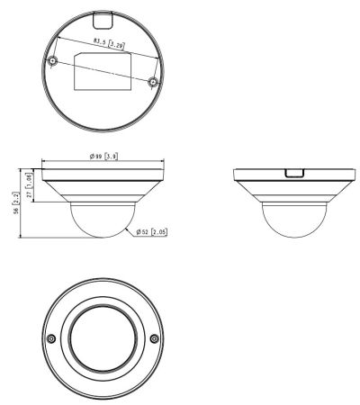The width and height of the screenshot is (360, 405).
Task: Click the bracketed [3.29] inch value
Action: [x=113, y=43]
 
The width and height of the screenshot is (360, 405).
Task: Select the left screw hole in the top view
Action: [x=53, y=61]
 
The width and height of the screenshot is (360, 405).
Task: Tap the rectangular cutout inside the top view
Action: [x=103, y=72]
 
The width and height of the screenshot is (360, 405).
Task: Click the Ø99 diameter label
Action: [x=97, y=157]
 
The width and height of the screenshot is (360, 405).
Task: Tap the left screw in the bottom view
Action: [x=50, y=338]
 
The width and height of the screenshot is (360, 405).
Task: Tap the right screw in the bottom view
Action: [x=155, y=338]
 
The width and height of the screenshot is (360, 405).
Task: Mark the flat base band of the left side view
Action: [x=103, y=172]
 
